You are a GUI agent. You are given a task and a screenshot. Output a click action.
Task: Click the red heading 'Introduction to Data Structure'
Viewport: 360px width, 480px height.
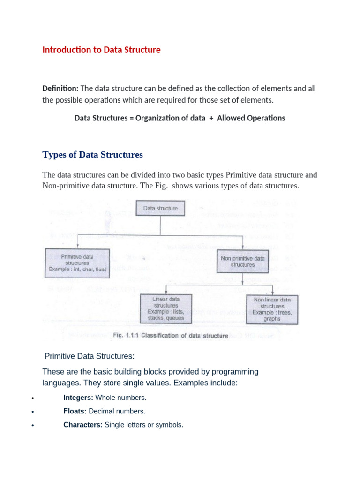click(101, 50)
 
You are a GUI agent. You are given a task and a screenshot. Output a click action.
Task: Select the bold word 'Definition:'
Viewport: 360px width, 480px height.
click(60, 89)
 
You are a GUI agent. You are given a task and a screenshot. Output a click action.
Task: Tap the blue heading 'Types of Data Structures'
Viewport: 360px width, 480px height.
click(92, 155)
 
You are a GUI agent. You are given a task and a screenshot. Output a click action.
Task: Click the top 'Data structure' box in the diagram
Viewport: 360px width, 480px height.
click(160, 208)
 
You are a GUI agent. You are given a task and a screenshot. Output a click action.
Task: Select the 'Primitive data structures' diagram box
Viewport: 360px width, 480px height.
click(77, 263)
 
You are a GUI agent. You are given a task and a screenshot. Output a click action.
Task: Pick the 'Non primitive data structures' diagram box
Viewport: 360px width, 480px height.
click(242, 262)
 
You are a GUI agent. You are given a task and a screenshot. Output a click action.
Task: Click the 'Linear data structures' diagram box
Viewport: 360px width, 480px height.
click(166, 308)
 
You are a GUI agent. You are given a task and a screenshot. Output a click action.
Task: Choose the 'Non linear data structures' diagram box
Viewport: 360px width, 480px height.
click(272, 309)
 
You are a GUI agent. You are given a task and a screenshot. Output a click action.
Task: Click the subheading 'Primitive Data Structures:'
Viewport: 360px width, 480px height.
click(89, 356)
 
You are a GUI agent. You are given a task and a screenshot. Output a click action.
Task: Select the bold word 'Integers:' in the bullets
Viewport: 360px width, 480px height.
click(78, 398)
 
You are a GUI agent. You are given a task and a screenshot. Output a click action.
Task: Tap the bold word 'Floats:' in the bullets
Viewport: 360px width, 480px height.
click(75, 412)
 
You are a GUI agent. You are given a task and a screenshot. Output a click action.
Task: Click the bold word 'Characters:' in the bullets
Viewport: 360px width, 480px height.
click(83, 425)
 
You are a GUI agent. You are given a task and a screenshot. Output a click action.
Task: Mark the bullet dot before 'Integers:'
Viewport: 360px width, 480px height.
click(32, 398)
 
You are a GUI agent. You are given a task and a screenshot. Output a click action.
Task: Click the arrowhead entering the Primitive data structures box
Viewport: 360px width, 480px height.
click(77, 247)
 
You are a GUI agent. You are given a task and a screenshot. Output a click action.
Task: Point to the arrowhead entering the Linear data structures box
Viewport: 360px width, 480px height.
click(166, 292)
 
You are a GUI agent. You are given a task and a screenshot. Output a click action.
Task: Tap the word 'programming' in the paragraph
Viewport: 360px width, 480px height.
click(233, 372)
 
